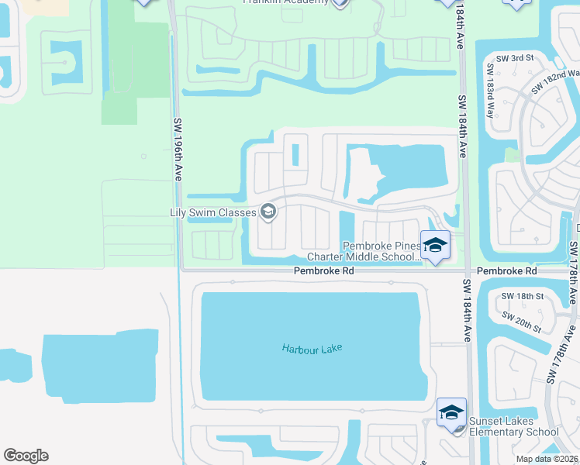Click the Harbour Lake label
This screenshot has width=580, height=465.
312,348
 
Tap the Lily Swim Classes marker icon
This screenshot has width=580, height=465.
268,211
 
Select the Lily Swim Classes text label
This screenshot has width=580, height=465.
214,212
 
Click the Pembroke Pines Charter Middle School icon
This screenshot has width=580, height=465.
435,246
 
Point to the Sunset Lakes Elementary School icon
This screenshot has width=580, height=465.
451,412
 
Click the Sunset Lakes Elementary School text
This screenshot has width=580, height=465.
513,427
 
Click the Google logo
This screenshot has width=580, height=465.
26,456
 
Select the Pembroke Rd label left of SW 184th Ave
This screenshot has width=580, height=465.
323,271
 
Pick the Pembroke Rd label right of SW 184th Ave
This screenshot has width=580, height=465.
506,271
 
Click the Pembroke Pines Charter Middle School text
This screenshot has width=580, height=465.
364,252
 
